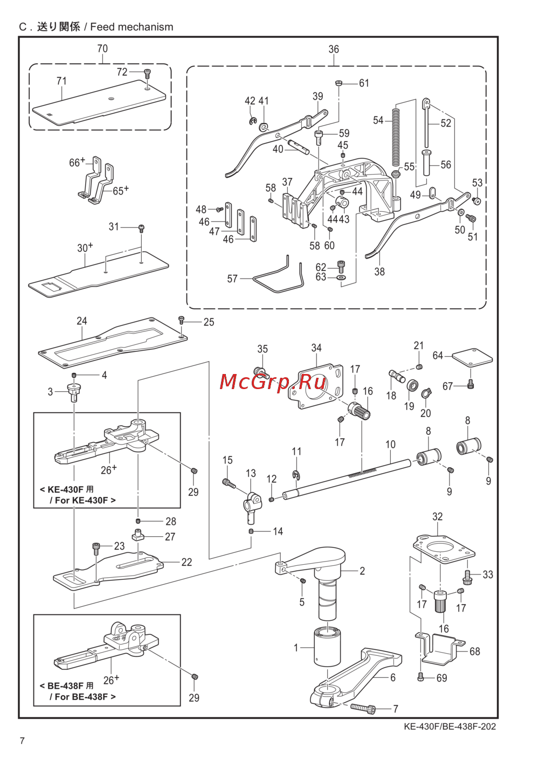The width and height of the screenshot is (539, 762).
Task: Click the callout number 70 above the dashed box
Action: point(102,49)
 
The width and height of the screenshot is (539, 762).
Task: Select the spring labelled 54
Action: point(396,137)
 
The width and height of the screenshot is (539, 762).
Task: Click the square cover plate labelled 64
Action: point(472,357)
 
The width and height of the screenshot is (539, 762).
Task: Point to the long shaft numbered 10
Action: point(356,475)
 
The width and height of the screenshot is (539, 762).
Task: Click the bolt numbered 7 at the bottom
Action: point(362,708)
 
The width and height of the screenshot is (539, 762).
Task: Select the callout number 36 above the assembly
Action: point(334,49)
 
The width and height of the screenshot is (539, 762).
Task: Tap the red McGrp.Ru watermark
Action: point(273,382)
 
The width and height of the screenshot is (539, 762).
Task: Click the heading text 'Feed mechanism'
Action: point(132,27)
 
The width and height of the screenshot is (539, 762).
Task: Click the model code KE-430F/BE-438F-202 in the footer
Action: point(450,726)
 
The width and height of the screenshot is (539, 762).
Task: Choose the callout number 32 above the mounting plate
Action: point(437,516)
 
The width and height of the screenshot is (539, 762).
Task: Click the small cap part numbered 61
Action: point(338,83)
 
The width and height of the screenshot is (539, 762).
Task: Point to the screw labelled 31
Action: point(141,227)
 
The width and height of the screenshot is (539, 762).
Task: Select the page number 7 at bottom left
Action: point(22,740)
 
